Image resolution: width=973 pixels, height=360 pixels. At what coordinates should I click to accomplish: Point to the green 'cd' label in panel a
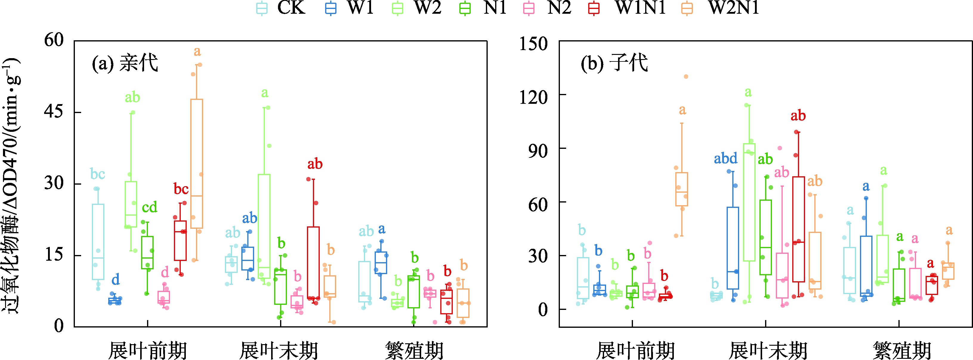pos(149,207)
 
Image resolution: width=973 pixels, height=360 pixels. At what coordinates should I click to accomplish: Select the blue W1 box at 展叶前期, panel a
pos(115,301)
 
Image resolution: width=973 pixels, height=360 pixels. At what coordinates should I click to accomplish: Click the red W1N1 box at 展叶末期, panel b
pos(799,229)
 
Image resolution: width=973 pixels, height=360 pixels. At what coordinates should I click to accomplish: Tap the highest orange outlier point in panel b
pos(686,77)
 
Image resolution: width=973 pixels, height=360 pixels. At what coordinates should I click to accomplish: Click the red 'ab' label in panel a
pos(315,164)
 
